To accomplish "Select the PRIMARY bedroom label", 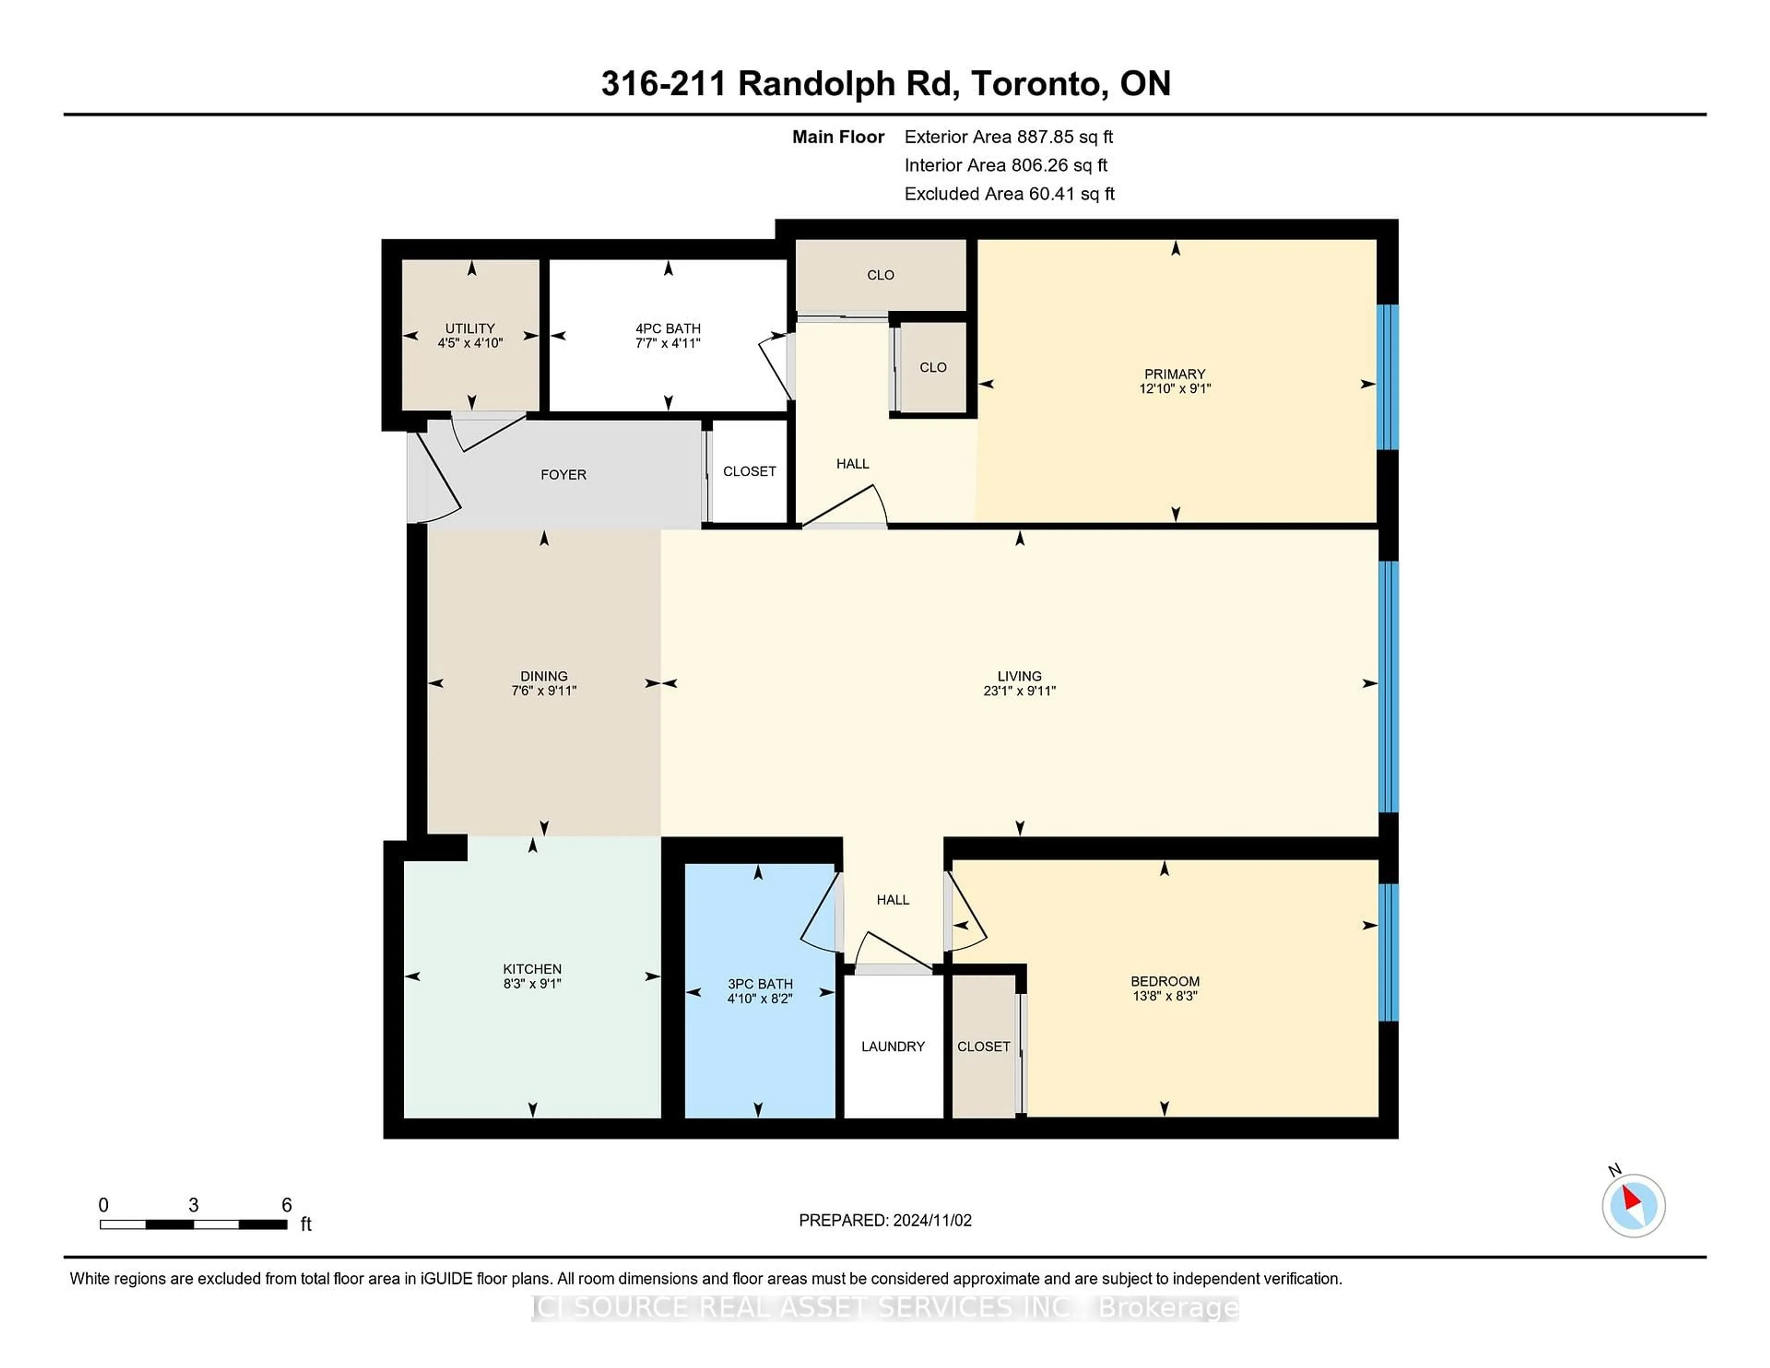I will pos(1174,374).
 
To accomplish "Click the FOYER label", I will pos(563,475).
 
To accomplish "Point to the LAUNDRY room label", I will pos(892,1046).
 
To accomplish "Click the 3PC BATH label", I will pos(759,984).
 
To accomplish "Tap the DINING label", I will pos(544,676).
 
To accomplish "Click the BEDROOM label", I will pos(1165,981).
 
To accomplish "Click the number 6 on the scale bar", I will pos(286,1205).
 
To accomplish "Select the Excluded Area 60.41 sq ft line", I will pos(1009,194).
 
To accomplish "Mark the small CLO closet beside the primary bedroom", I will pos(933,368).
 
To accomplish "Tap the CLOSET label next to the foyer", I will pos(749,472).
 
